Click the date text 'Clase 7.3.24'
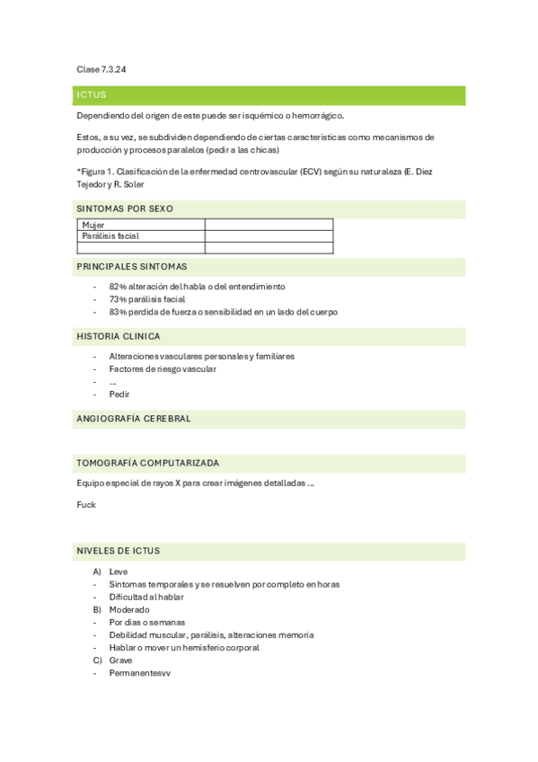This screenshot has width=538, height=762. pos(101,69)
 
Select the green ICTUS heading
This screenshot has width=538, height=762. pos(92,94)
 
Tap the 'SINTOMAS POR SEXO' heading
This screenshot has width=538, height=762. pos(125,208)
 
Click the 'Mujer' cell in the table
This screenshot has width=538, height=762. pos(93,225)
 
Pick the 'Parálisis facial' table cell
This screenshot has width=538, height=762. pos(110,235)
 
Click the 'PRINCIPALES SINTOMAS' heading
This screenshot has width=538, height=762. pos(132,267)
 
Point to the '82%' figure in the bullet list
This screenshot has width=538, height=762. pos(118,287)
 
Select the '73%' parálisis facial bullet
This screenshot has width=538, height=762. pos(118,299)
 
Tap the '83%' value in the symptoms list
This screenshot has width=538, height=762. pos(118,312)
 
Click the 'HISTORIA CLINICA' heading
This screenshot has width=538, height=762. pos(119,336)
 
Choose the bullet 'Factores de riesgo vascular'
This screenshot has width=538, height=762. pos(163,368)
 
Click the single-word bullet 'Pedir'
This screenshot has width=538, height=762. pos(119,394)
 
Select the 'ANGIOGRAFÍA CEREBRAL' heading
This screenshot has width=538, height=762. pos(134,419)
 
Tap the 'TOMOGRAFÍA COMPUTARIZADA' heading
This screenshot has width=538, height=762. pos(148,463)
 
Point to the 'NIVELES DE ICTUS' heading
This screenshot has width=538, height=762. pos(119,550)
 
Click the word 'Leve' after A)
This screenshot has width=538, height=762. pos(119,571)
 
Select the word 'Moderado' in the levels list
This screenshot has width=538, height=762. pos(129,609)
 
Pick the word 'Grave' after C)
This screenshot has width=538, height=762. pos(120,660)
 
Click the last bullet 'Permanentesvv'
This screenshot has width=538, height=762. pos(139,672)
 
